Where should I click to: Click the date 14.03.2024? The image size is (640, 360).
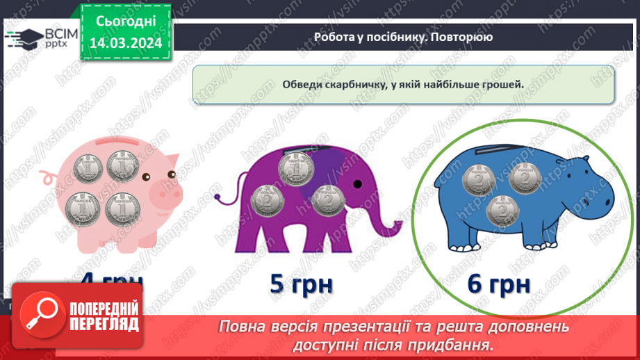tap(126, 42)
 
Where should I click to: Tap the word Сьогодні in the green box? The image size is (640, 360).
tap(126, 22)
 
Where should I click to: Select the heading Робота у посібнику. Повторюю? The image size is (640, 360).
tap(403, 37)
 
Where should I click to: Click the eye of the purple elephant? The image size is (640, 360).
tap(356, 184)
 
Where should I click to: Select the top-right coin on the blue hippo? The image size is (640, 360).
tap(525, 179)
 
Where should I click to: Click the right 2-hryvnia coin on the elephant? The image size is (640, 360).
tap(329, 200)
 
